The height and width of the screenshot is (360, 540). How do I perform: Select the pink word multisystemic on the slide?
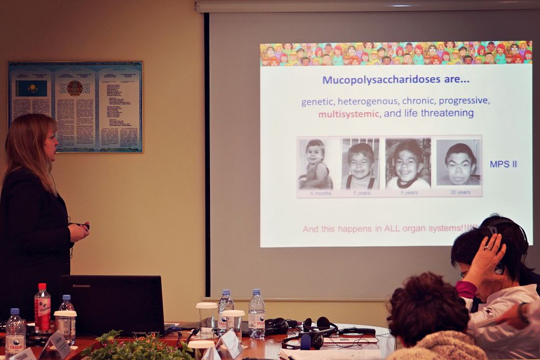coord(349,114)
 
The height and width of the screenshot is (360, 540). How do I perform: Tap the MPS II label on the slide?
coord(503,164)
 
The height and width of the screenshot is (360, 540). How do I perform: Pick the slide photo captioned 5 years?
coord(360,164)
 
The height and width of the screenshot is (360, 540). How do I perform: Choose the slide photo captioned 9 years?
coord(408,164)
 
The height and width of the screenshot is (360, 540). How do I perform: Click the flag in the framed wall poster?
coord(31,88)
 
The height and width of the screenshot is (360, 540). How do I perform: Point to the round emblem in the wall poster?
coord(75,88)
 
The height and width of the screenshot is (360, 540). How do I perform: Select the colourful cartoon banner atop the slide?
coord(396,53)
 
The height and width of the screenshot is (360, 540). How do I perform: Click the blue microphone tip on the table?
coord(306,342)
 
